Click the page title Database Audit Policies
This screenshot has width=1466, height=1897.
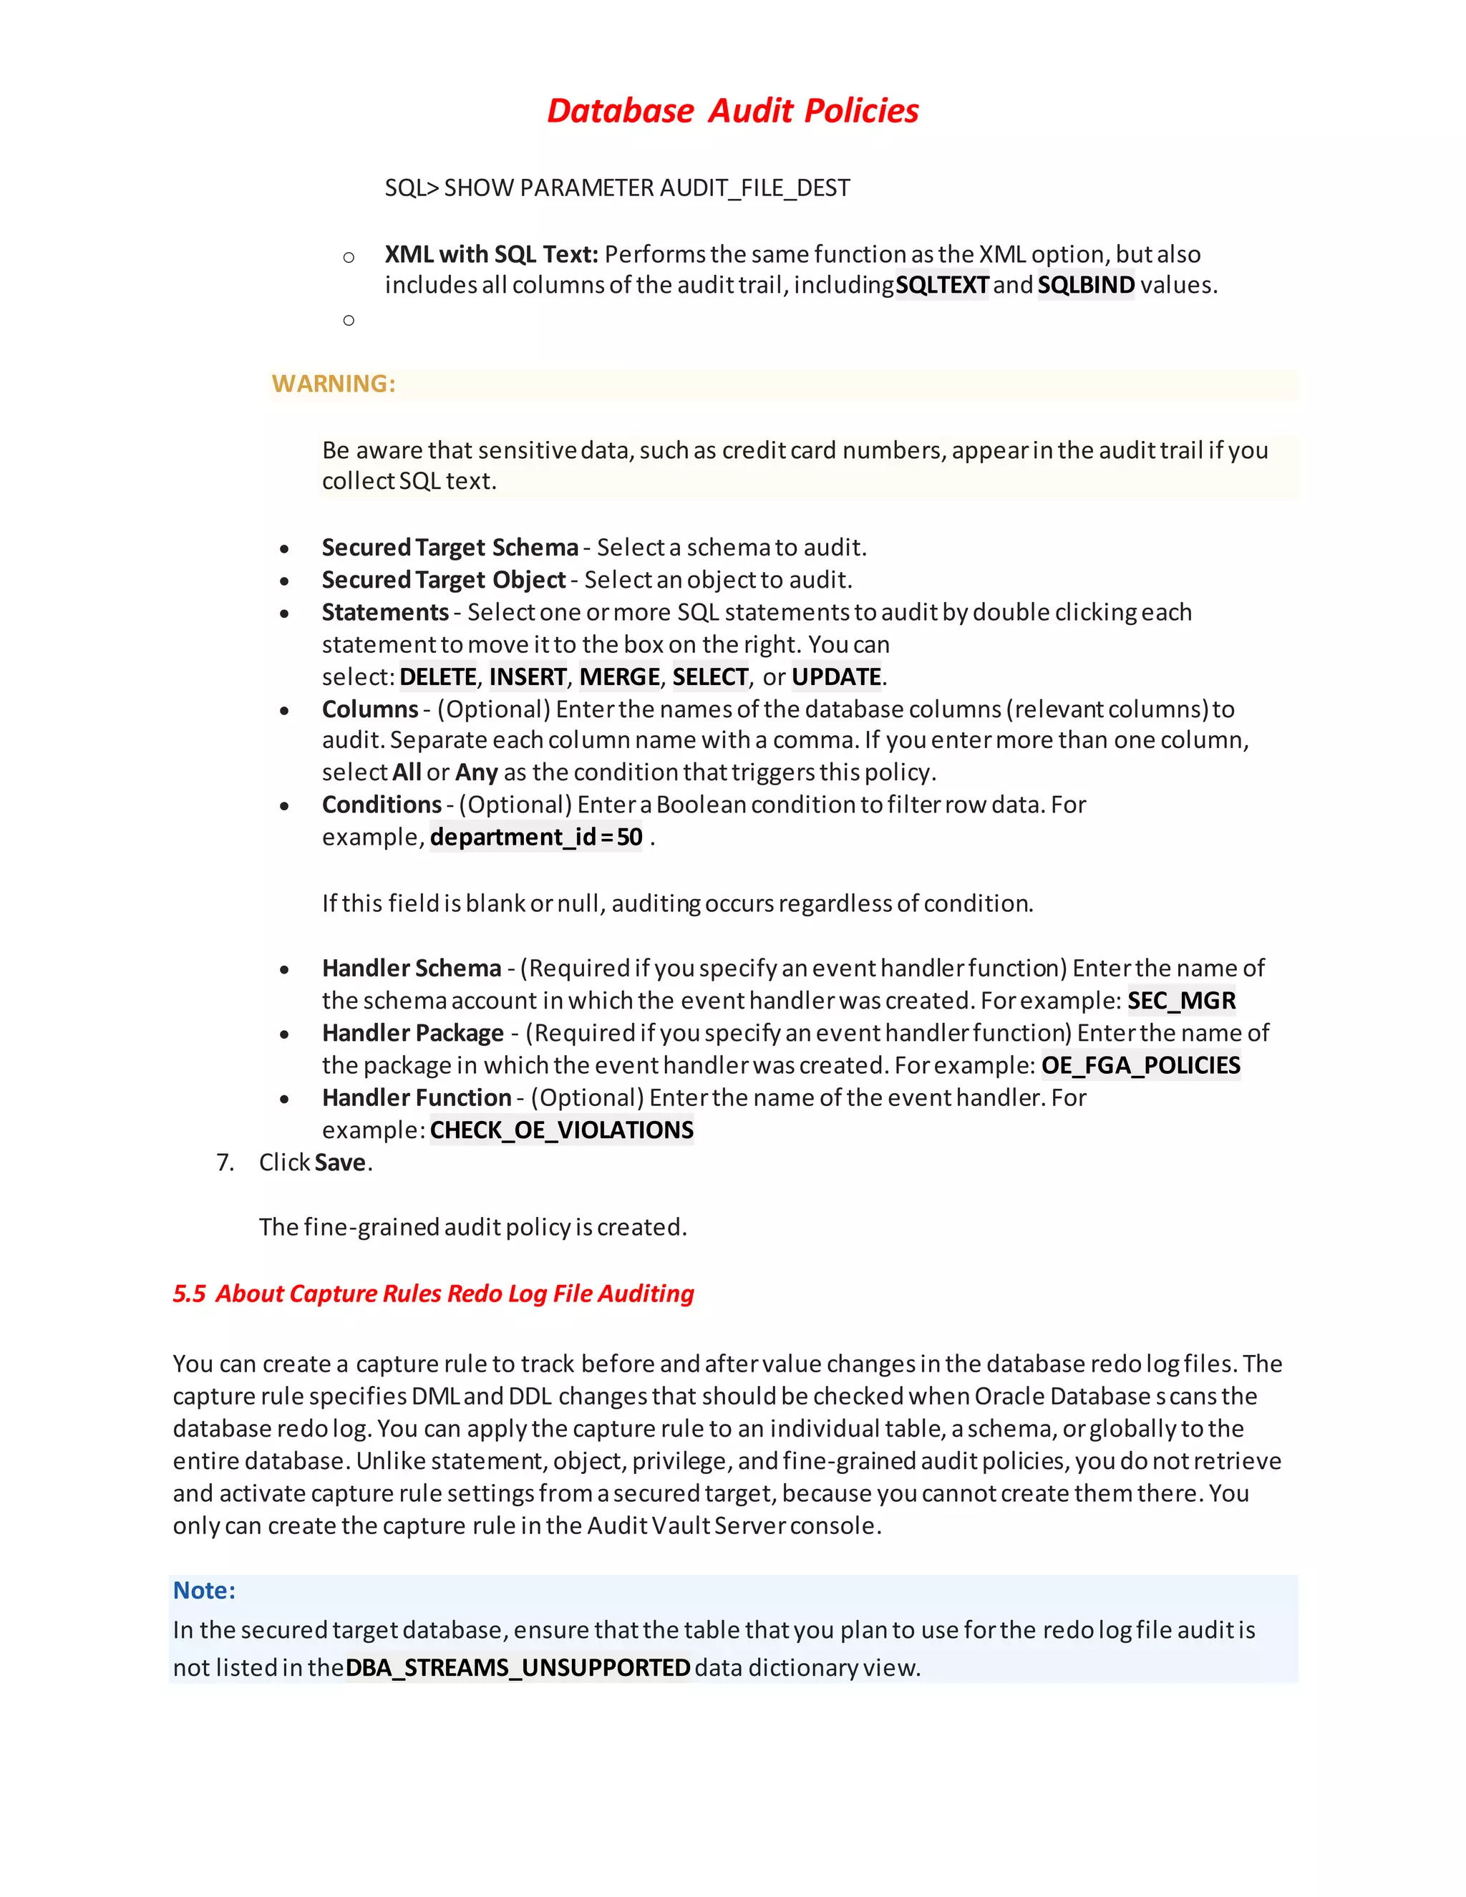(x=732, y=111)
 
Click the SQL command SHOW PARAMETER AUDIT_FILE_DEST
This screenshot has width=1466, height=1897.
(x=618, y=188)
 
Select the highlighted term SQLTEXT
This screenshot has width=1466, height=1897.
(x=941, y=285)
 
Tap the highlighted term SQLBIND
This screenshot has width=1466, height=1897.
(x=1086, y=285)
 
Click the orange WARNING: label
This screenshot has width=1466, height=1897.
(x=334, y=383)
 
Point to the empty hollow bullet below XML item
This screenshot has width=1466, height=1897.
(x=349, y=321)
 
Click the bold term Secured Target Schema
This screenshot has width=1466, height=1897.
(x=450, y=547)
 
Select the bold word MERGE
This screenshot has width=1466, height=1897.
(x=619, y=676)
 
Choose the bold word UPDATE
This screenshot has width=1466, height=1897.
(x=836, y=676)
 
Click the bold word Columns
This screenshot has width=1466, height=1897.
(x=370, y=709)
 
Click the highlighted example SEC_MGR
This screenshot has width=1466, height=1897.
(x=1181, y=1001)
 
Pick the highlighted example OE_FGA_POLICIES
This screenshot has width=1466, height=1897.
(x=1140, y=1065)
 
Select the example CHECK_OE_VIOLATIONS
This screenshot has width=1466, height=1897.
(x=561, y=1130)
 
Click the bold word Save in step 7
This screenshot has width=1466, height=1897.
(x=341, y=1162)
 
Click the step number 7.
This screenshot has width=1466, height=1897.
(x=225, y=1162)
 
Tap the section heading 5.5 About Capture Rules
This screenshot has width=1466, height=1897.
(x=433, y=1294)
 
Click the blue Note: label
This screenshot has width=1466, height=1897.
(x=204, y=1591)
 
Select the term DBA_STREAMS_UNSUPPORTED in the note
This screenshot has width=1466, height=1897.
(x=518, y=1668)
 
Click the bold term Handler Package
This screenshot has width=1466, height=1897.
(x=412, y=1033)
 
